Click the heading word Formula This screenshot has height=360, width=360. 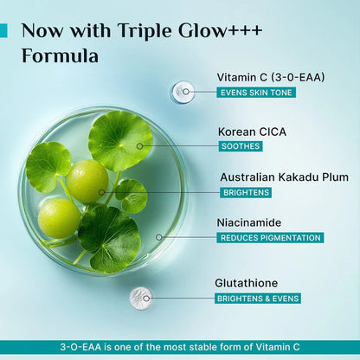click(60, 57)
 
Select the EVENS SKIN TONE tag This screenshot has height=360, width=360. click(257, 92)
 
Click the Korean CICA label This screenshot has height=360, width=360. click(253, 132)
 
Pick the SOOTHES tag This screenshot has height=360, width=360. click(241, 146)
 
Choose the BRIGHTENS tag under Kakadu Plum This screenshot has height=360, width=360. click(245, 192)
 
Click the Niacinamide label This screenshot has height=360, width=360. click(250, 222)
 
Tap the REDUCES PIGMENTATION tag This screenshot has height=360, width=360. click(270, 237)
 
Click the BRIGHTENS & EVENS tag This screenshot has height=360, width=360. click(258, 299)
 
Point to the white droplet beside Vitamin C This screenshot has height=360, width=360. click(183, 91)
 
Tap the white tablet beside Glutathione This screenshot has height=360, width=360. click(140, 299)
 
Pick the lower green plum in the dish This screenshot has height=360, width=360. click(60, 217)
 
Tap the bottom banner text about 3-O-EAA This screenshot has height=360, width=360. click(180, 346)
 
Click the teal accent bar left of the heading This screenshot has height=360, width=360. click(3, 31)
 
